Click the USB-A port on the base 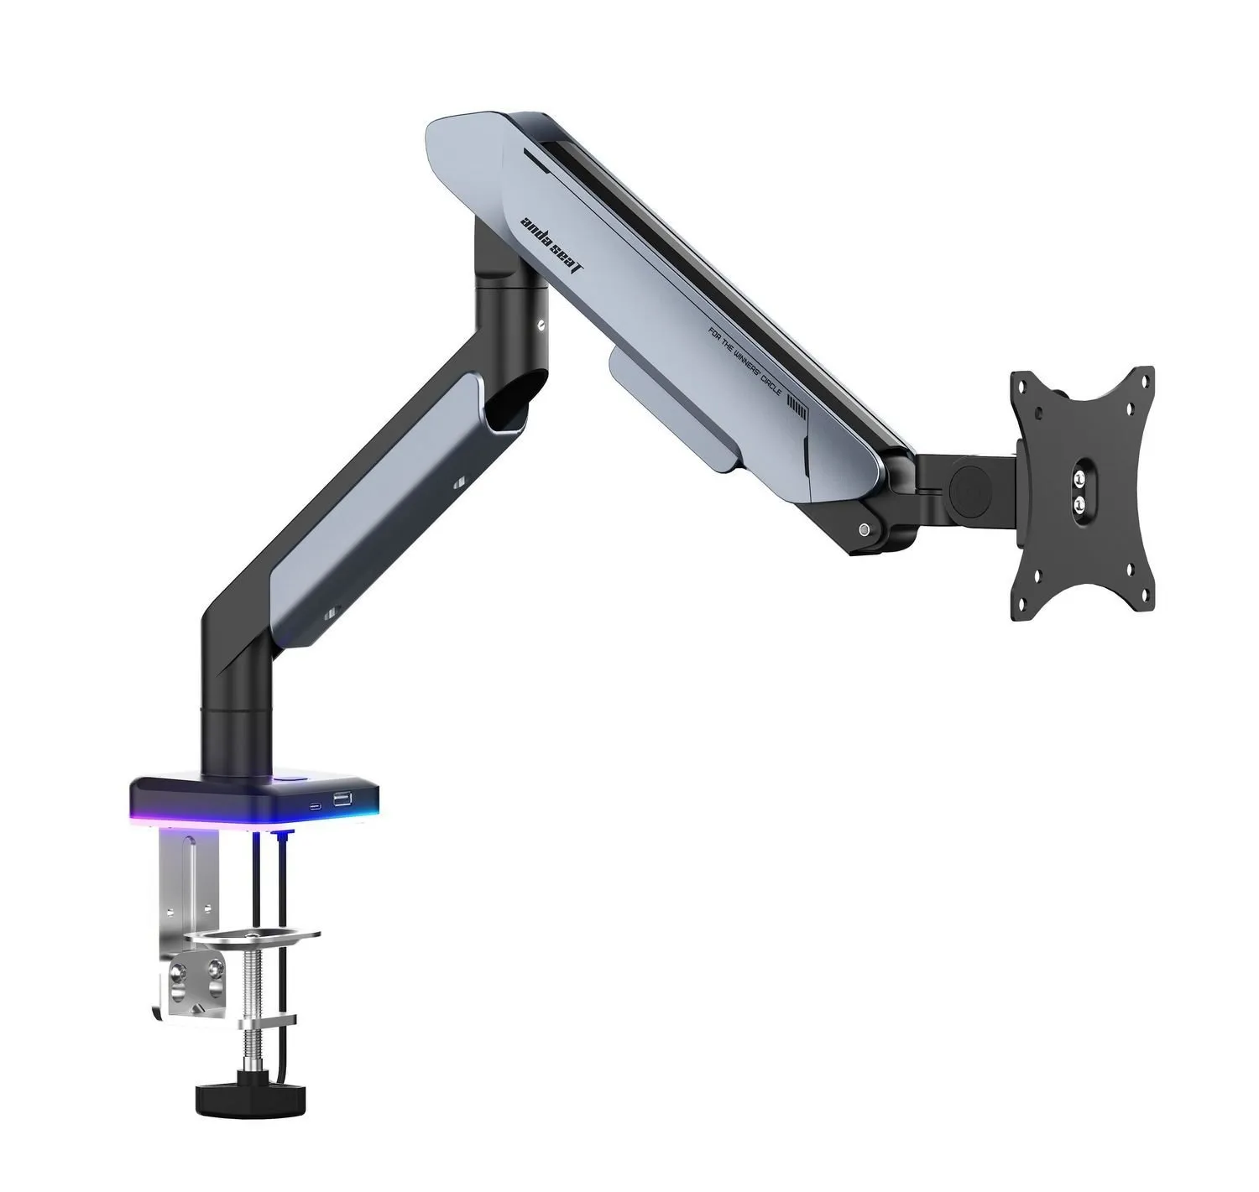(342, 799)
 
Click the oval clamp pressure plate (253, 936)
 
